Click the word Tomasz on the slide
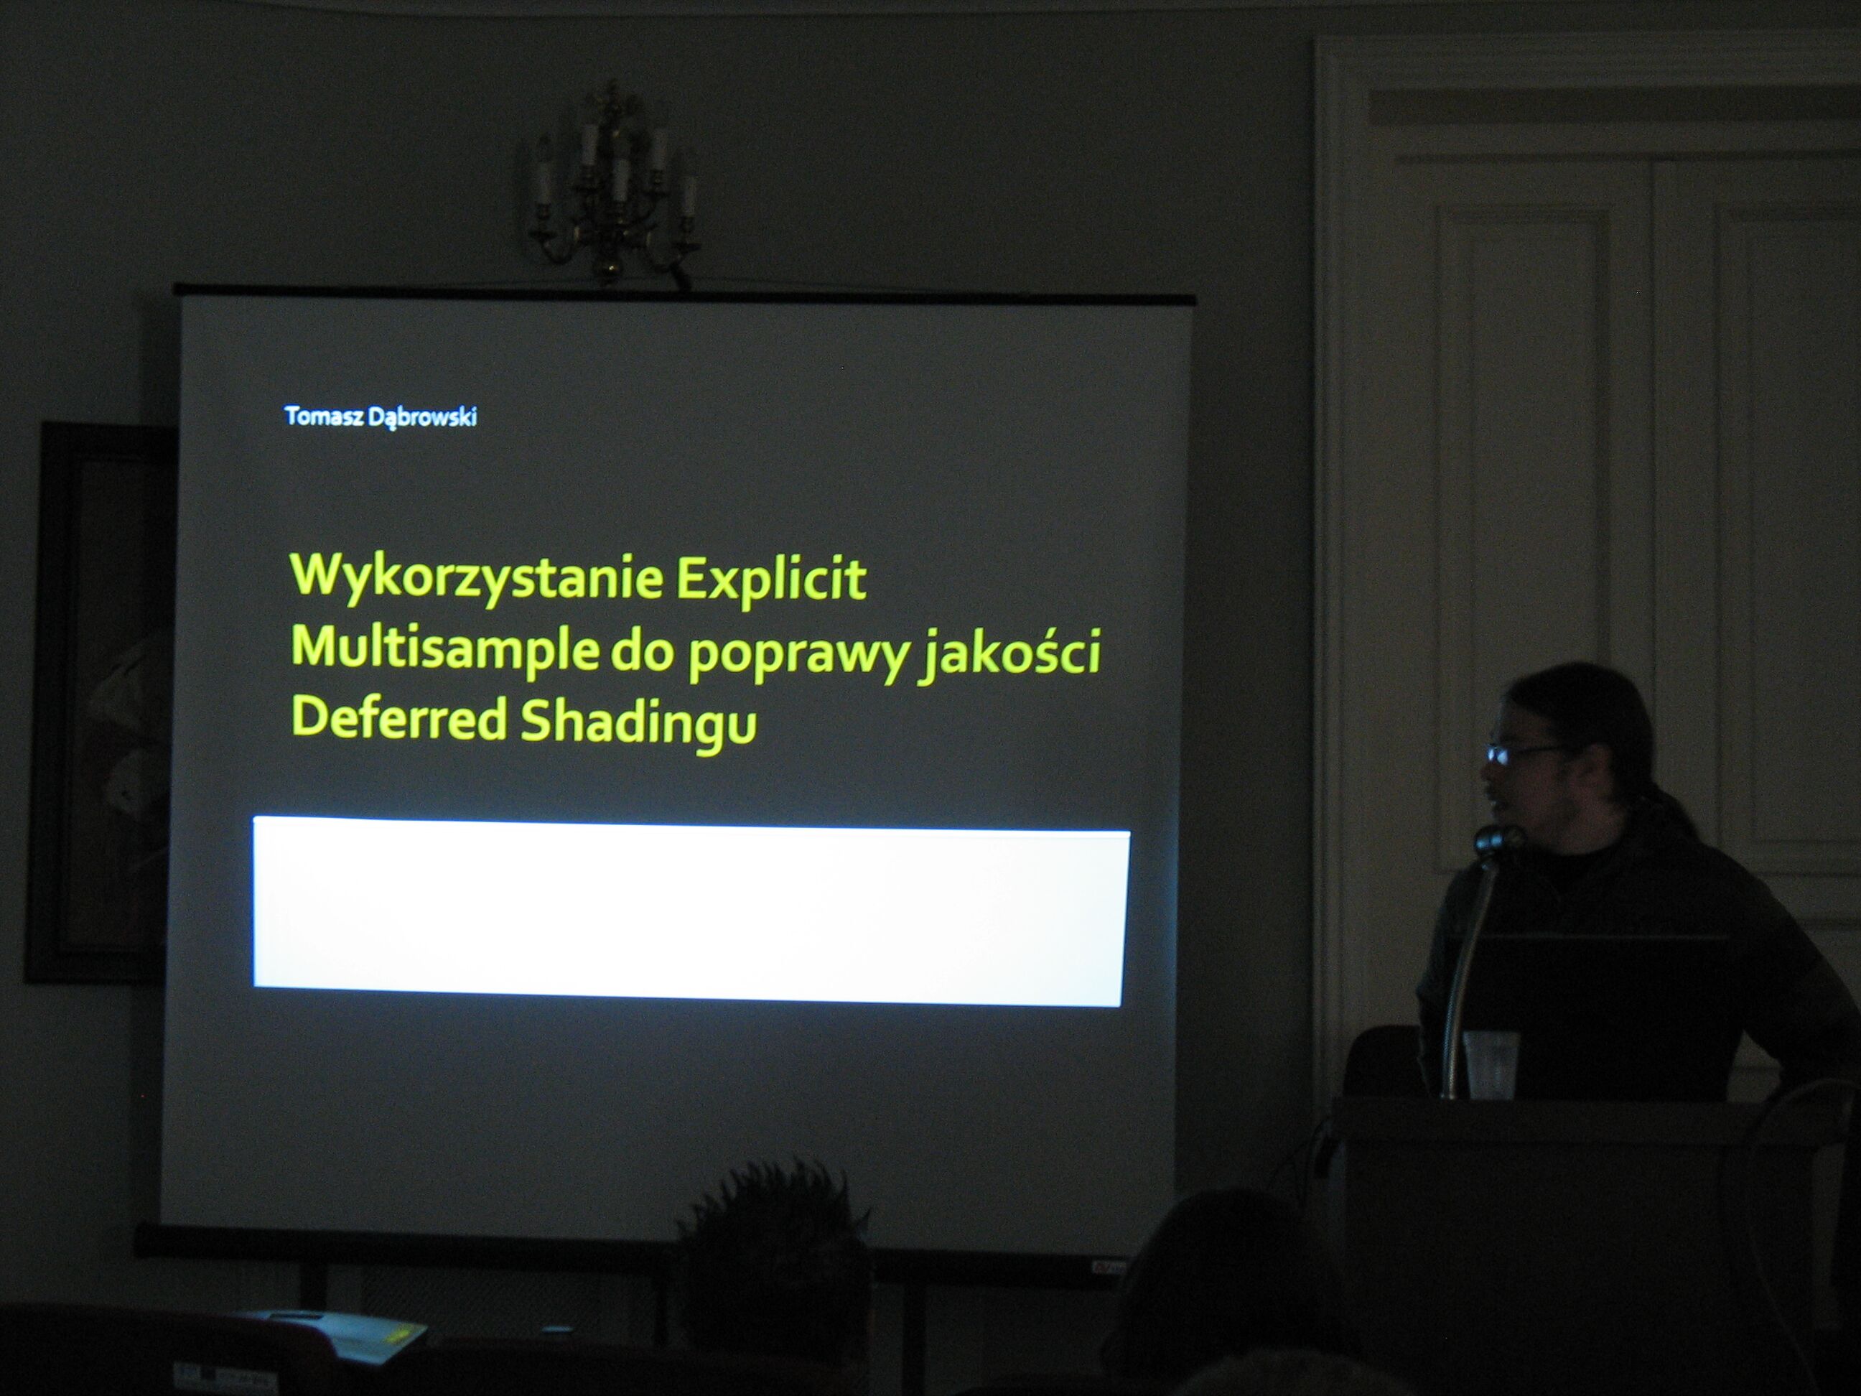coord(323,416)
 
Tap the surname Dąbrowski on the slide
coord(422,417)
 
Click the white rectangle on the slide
coord(691,912)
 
